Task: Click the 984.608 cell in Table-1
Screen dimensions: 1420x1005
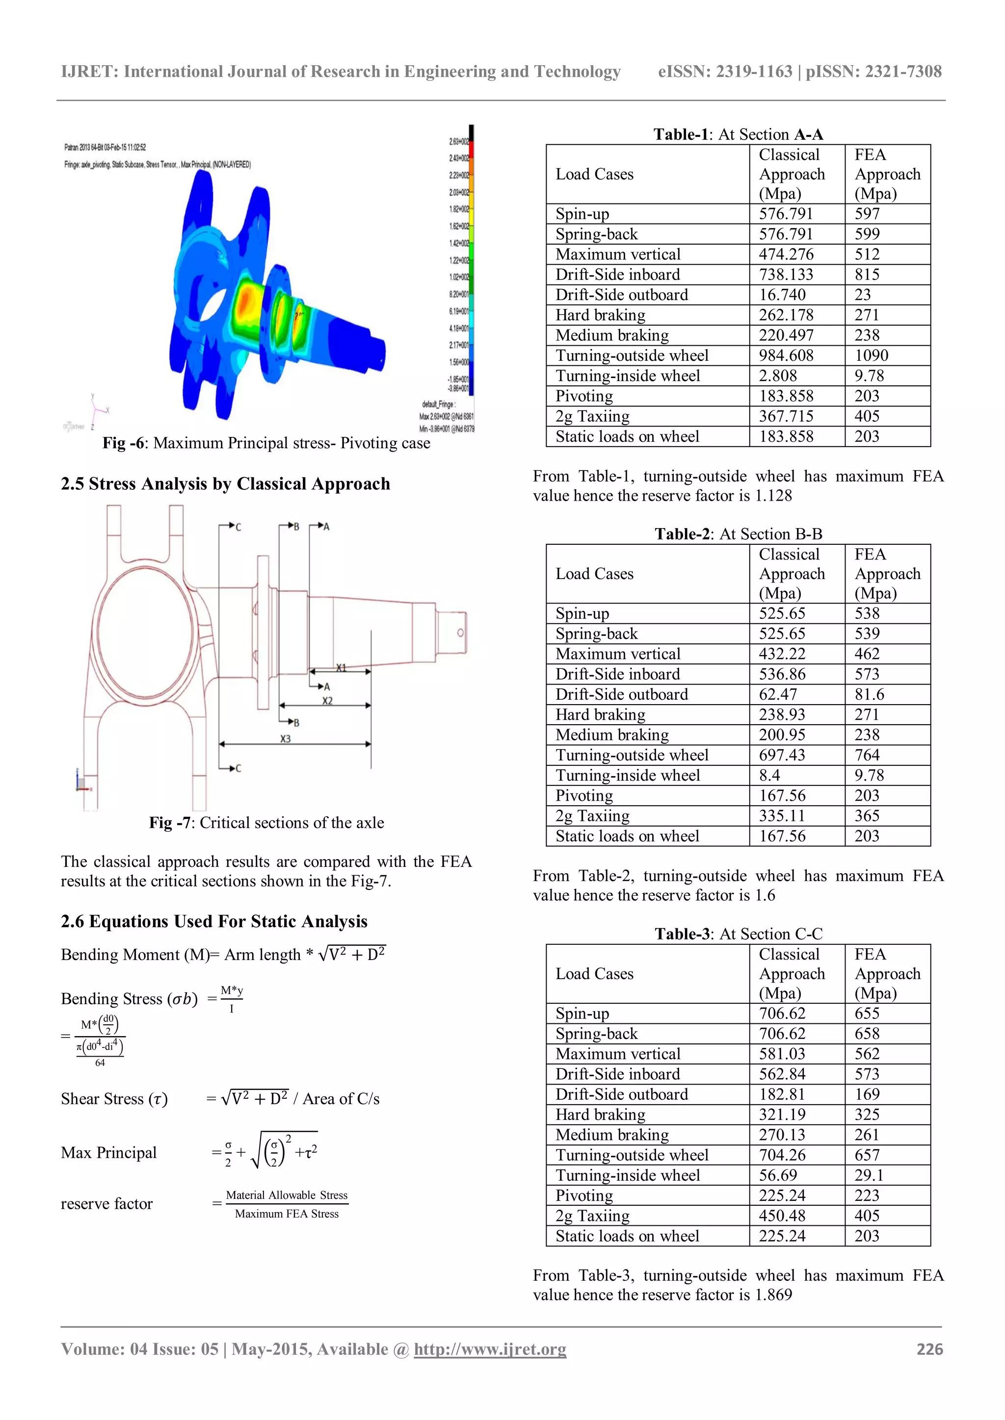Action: (x=786, y=355)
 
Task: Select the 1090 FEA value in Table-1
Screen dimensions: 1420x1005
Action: (x=872, y=355)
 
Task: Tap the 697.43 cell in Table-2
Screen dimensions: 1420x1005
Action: (x=782, y=755)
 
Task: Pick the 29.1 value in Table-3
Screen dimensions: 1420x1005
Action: (x=869, y=1175)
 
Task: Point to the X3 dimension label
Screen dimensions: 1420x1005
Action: (x=285, y=738)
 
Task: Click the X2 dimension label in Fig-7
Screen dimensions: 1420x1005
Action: (x=327, y=701)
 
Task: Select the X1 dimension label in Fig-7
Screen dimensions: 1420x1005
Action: (x=342, y=668)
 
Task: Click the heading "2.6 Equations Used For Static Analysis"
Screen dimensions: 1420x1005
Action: (x=214, y=921)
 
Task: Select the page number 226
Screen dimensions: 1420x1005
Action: (x=929, y=1349)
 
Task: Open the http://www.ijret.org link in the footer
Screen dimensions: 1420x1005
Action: (x=490, y=1349)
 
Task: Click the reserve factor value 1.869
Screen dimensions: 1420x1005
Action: (x=773, y=1294)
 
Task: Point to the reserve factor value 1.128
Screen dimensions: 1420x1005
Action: (x=773, y=495)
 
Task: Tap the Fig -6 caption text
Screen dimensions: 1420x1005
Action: (x=266, y=443)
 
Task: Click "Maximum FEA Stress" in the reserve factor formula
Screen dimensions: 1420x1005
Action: (x=287, y=1214)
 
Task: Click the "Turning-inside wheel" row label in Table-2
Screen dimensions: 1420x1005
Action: (x=628, y=776)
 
